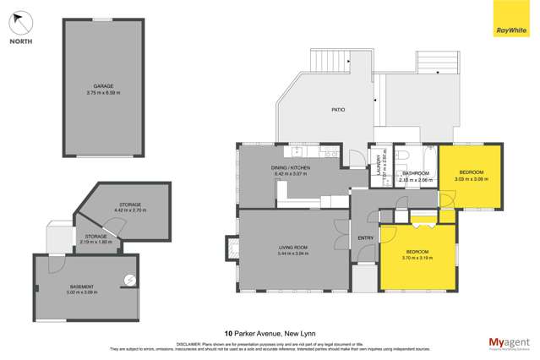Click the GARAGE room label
(x=104, y=85)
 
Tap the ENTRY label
(x=365, y=237)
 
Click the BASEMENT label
(x=82, y=286)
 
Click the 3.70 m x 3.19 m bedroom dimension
(x=417, y=258)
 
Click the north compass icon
(x=22, y=23)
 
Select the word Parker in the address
(x=249, y=333)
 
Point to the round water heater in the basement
(x=129, y=280)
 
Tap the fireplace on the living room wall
(x=229, y=248)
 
